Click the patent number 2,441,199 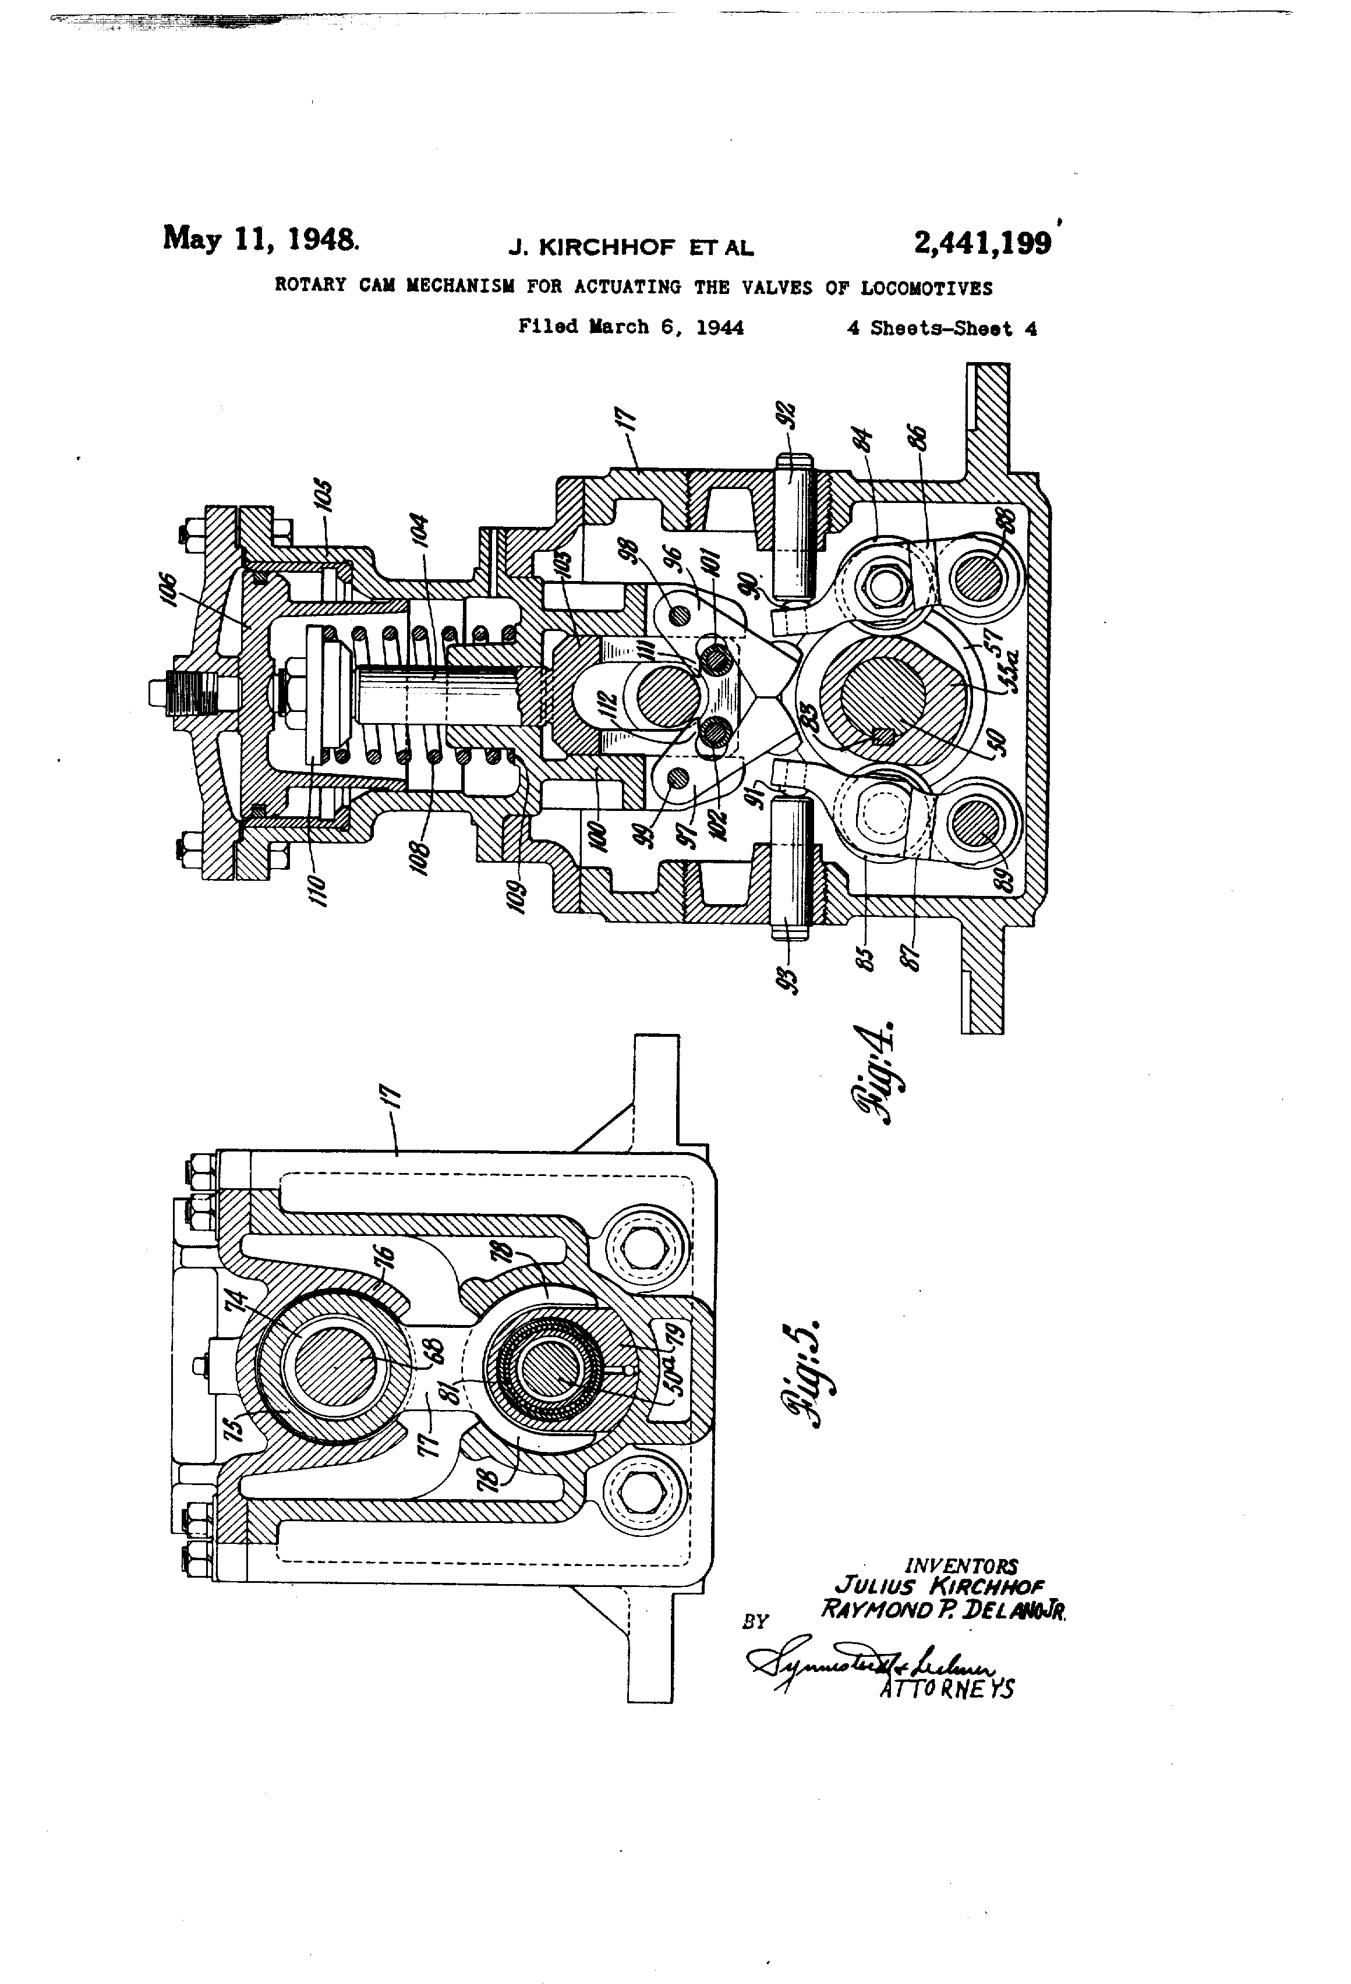tap(982, 243)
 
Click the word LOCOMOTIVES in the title tap(926, 288)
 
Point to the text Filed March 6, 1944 tap(630, 327)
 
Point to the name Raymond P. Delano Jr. tap(943, 1609)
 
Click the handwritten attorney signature tap(862, 1660)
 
